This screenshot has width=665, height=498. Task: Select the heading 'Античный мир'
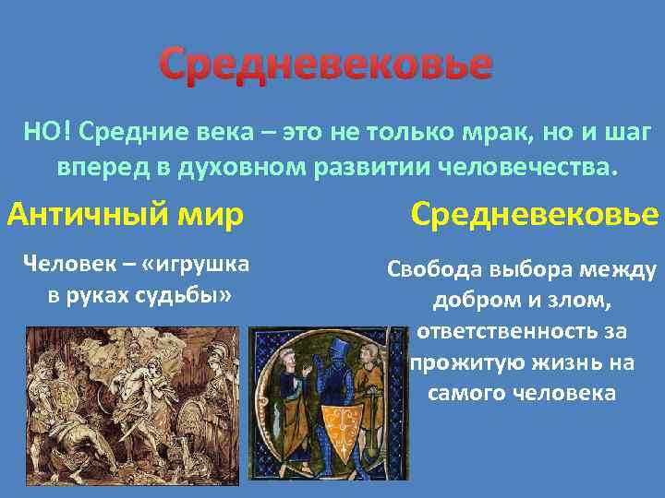126,215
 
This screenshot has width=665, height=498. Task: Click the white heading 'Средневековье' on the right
535,215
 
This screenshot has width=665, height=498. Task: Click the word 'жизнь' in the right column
550,362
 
